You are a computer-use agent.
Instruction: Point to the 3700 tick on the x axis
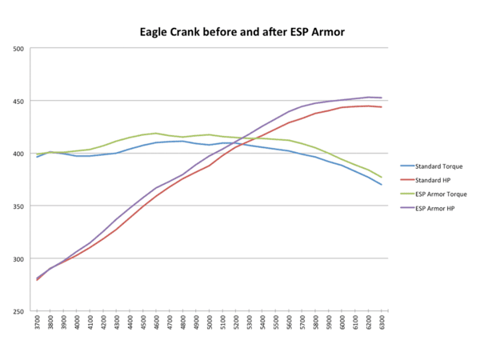click(38, 322)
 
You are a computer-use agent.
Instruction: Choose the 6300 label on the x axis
click(382, 322)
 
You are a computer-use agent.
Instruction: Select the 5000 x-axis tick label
click(210, 322)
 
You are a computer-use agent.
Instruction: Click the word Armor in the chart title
click(313, 34)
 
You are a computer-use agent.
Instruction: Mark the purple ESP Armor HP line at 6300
click(382, 98)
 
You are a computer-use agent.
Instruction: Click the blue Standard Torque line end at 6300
click(382, 185)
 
